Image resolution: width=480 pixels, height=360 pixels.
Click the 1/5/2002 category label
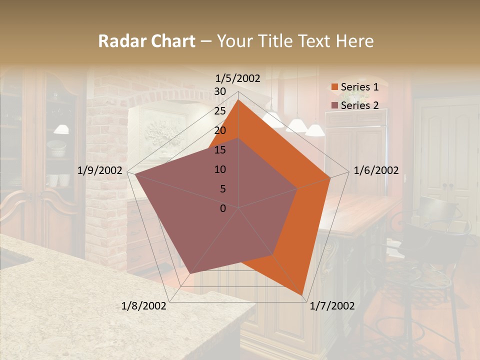pyautogui.click(x=238, y=78)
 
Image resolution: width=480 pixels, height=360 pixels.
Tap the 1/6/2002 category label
pyautogui.click(x=376, y=170)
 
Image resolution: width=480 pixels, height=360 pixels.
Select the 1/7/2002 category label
pyautogui.click(x=332, y=306)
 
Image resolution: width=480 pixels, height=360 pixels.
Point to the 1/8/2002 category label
pyautogui.click(x=144, y=306)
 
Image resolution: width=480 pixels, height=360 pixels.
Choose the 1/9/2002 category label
pyautogui.click(x=100, y=170)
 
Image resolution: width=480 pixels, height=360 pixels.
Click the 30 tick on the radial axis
pyautogui.click(x=220, y=91)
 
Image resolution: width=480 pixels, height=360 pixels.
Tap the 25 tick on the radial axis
pyautogui.click(x=220, y=111)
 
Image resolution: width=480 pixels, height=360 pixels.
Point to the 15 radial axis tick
pyautogui.click(x=220, y=150)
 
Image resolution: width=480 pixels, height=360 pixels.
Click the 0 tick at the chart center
pyautogui.click(x=223, y=208)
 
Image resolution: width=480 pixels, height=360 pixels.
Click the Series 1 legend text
pyautogui.click(x=359, y=87)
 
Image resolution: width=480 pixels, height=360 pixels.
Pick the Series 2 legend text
pyautogui.click(x=359, y=105)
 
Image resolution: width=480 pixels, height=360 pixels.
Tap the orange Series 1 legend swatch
pyautogui.click(x=334, y=87)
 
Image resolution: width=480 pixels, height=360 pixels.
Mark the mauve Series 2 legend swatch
pyautogui.click(x=334, y=105)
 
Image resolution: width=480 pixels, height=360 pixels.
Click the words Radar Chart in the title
pyautogui.click(x=146, y=41)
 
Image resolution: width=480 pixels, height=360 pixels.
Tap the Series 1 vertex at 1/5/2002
pyautogui.click(x=238, y=99)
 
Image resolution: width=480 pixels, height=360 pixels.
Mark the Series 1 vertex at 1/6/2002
pyautogui.click(x=330, y=177)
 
